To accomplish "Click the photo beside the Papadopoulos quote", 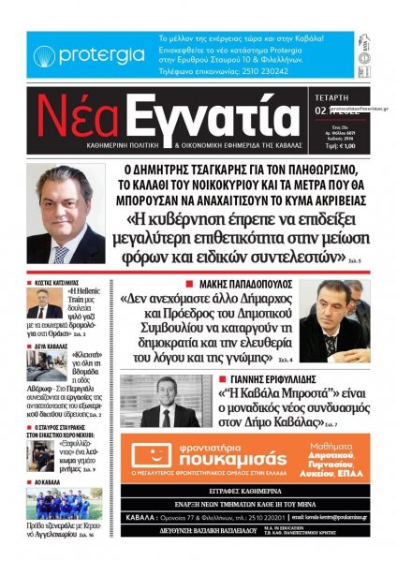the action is tap(333, 320).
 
